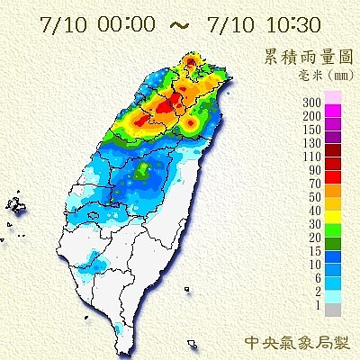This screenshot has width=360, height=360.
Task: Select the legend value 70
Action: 314,181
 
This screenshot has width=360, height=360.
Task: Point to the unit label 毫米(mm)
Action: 317,76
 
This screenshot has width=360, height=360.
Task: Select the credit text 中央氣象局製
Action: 298,343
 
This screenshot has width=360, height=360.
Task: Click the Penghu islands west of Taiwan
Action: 15,206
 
